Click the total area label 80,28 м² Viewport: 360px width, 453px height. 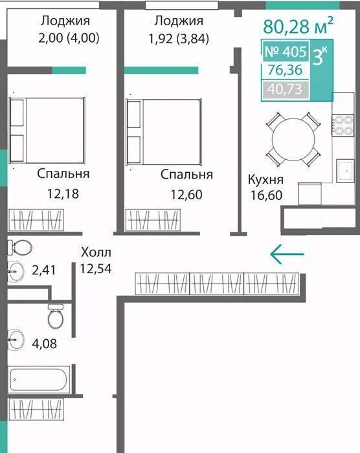tap(298, 25)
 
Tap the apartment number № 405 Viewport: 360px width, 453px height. tap(286, 52)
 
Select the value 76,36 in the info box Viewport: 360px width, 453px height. tap(285, 70)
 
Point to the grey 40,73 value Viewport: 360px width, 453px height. tap(285, 89)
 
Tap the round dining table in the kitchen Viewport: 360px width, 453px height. tap(293, 139)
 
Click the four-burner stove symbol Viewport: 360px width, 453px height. tap(343, 125)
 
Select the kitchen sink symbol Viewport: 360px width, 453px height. tap(345, 171)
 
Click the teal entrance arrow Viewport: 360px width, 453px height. tap(287, 254)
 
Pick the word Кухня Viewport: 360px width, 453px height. tap(265, 180)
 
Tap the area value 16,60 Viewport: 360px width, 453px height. tap(266, 195)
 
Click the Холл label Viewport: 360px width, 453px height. tap(96, 252)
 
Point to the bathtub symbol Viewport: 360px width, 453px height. tap(39, 380)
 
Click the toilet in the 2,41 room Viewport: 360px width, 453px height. tap(19, 248)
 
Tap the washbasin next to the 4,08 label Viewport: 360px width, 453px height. tap(16, 340)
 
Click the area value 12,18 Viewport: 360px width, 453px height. tap(63, 194)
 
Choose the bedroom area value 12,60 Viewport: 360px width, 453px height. tap(186, 194)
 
